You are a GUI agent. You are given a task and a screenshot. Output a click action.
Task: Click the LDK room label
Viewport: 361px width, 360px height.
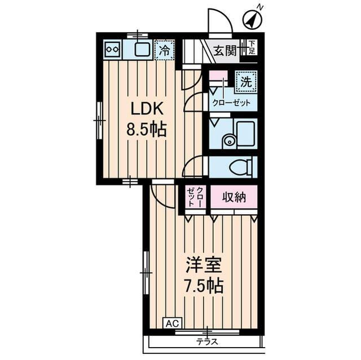tap(147, 109)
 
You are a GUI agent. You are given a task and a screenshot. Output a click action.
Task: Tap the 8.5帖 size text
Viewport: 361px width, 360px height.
tap(147, 130)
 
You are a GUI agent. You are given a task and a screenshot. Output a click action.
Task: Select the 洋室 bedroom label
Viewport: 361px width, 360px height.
tap(204, 265)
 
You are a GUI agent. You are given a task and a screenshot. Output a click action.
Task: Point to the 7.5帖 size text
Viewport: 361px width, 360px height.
tap(204, 286)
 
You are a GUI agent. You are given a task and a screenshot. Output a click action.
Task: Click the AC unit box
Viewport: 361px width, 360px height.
tap(173, 324)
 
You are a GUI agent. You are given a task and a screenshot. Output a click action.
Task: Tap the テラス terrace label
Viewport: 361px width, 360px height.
tap(207, 343)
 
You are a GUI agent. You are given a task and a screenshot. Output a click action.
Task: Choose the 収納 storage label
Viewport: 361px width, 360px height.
tap(234, 197)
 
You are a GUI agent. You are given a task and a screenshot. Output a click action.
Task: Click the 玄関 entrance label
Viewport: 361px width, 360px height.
tap(225, 51)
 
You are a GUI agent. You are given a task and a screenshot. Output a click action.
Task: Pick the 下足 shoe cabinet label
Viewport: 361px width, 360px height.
tap(253, 47)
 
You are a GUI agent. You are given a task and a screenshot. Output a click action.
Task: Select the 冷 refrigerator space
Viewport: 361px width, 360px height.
tap(165, 50)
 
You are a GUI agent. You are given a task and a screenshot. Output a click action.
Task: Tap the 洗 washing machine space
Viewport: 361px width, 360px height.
tap(246, 82)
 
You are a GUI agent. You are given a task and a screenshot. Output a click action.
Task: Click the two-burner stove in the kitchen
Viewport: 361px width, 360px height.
tap(112, 50)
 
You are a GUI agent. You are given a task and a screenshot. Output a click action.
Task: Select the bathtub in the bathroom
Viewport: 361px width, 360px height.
tap(246, 134)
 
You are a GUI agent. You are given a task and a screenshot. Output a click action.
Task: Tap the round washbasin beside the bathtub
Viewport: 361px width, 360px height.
tap(229, 141)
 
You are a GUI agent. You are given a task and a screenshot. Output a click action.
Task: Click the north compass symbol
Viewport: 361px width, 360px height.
tap(253, 20)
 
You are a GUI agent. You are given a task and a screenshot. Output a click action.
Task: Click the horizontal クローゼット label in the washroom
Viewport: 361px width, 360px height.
tap(231, 103)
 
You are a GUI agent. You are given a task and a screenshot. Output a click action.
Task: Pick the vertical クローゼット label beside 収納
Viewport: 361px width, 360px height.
tap(195, 197)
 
